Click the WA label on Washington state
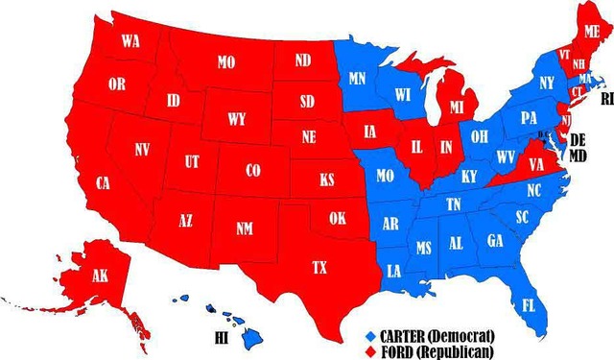pyautogui.click(x=131, y=42)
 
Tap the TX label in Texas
pyautogui.click(x=319, y=268)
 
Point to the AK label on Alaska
pyautogui.click(x=100, y=276)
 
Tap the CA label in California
pyautogui.click(x=103, y=181)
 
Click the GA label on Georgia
pyautogui.click(x=495, y=240)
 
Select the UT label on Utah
pyautogui.click(x=192, y=162)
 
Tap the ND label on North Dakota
pyautogui.click(x=302, y=60)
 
